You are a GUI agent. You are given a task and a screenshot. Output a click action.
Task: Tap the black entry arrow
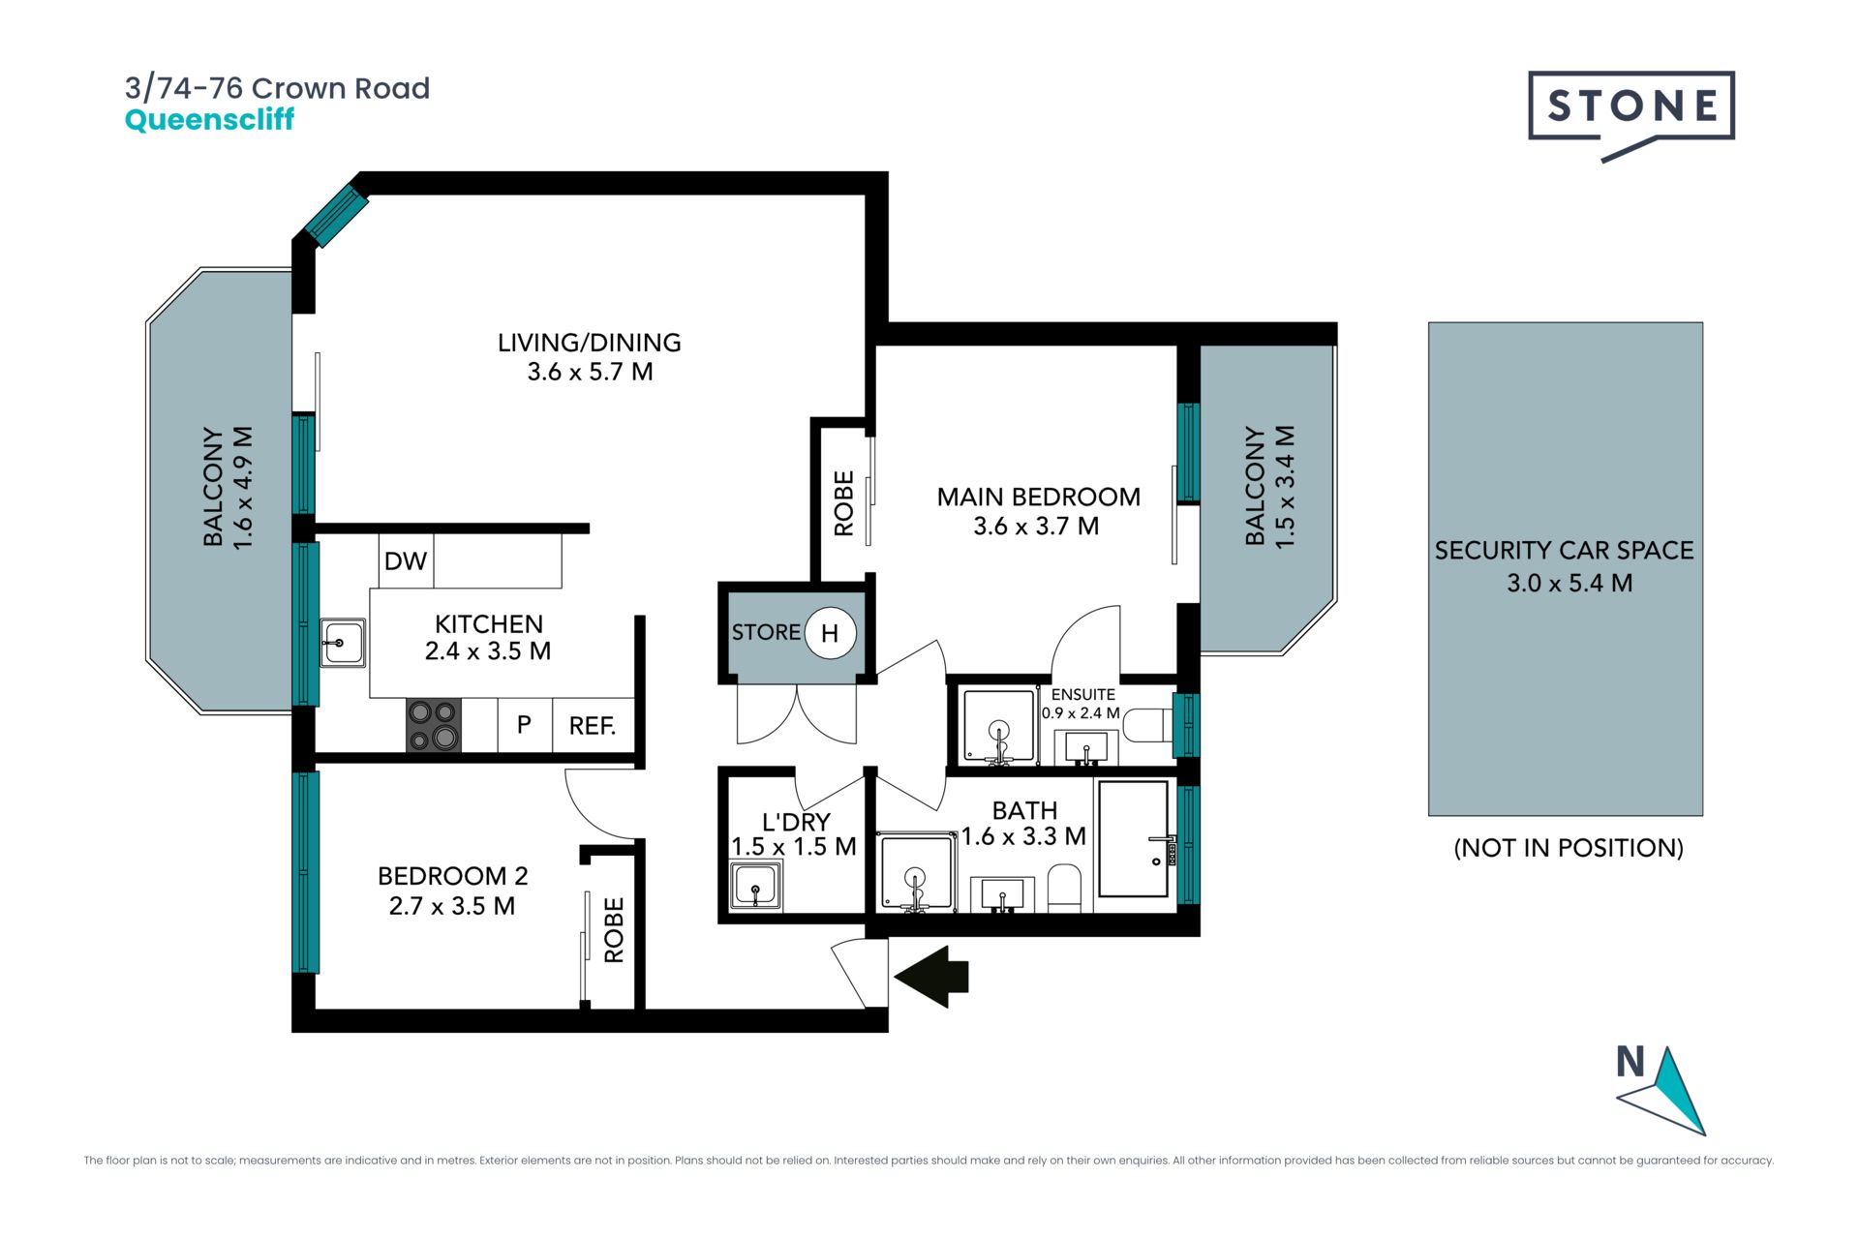point(931,977)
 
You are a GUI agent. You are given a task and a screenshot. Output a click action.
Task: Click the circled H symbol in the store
point(830,633)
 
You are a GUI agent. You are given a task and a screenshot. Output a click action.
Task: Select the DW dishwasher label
point(406,561)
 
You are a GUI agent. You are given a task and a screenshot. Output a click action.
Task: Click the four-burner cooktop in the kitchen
point(434,725)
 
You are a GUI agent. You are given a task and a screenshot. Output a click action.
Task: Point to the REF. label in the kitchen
point(593,726)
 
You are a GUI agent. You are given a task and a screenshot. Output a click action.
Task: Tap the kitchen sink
point(343,643)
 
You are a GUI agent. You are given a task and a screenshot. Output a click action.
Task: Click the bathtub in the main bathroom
point(1134,839)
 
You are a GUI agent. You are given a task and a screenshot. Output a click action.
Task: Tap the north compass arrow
point(1662,1091)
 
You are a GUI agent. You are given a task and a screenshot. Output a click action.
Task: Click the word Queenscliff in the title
point(209,120)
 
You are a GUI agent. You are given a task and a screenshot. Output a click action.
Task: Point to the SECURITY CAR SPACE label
point(1564,551)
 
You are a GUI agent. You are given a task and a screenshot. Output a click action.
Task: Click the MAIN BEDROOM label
point(1038,498)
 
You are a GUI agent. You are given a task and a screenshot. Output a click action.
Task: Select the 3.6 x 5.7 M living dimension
point(590,372)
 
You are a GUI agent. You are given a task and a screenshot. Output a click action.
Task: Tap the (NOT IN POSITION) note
point(1569,848)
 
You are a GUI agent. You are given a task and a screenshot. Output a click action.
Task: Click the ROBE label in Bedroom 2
point(614,930)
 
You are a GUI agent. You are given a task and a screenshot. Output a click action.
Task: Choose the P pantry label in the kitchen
point(524,724)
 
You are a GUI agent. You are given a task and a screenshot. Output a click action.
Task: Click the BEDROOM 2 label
point(452,876)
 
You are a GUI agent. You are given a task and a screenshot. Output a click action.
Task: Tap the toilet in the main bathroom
point(1064,888)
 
